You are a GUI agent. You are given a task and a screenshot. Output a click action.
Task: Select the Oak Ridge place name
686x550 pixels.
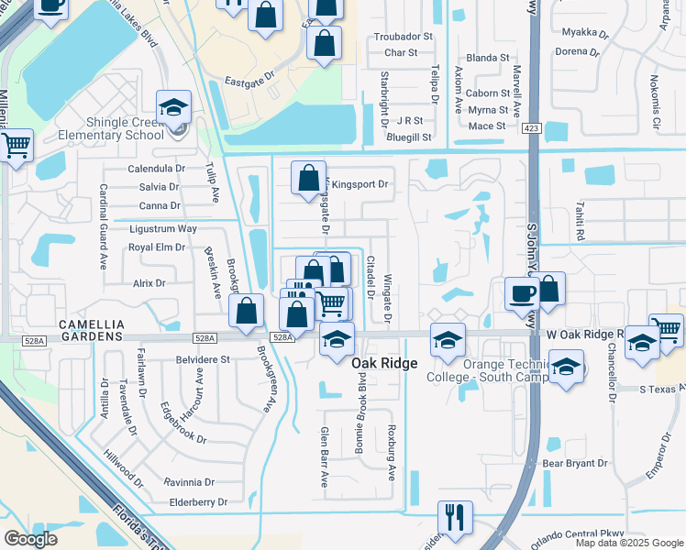point(384,364)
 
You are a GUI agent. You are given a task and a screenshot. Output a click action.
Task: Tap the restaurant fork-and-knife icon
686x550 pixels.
point(454,517)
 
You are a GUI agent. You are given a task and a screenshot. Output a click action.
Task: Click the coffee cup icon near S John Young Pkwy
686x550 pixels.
point(522,293)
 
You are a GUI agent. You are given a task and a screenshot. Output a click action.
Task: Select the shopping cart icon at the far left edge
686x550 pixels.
point(16,145)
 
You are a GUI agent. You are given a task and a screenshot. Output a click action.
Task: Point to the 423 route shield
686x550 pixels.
point(533,129)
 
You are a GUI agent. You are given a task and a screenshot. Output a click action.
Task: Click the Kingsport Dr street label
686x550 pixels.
point(360,184)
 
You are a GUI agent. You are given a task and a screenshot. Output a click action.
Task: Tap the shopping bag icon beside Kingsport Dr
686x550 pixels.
point(309,177)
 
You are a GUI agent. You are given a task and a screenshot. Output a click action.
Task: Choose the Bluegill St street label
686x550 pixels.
point(409,137)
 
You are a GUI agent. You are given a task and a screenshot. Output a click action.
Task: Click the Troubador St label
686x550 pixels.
point(402,37)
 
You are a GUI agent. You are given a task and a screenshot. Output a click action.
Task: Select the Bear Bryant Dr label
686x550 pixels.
point(575,464)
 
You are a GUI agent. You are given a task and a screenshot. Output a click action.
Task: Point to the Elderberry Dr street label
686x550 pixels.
point(198,502)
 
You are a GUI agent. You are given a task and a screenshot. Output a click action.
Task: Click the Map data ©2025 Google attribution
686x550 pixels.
point(628,543)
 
